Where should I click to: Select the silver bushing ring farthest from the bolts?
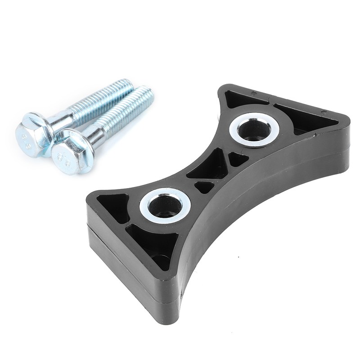click(x=254, y=129)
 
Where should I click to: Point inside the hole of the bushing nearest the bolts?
click(x=165, y=207)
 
